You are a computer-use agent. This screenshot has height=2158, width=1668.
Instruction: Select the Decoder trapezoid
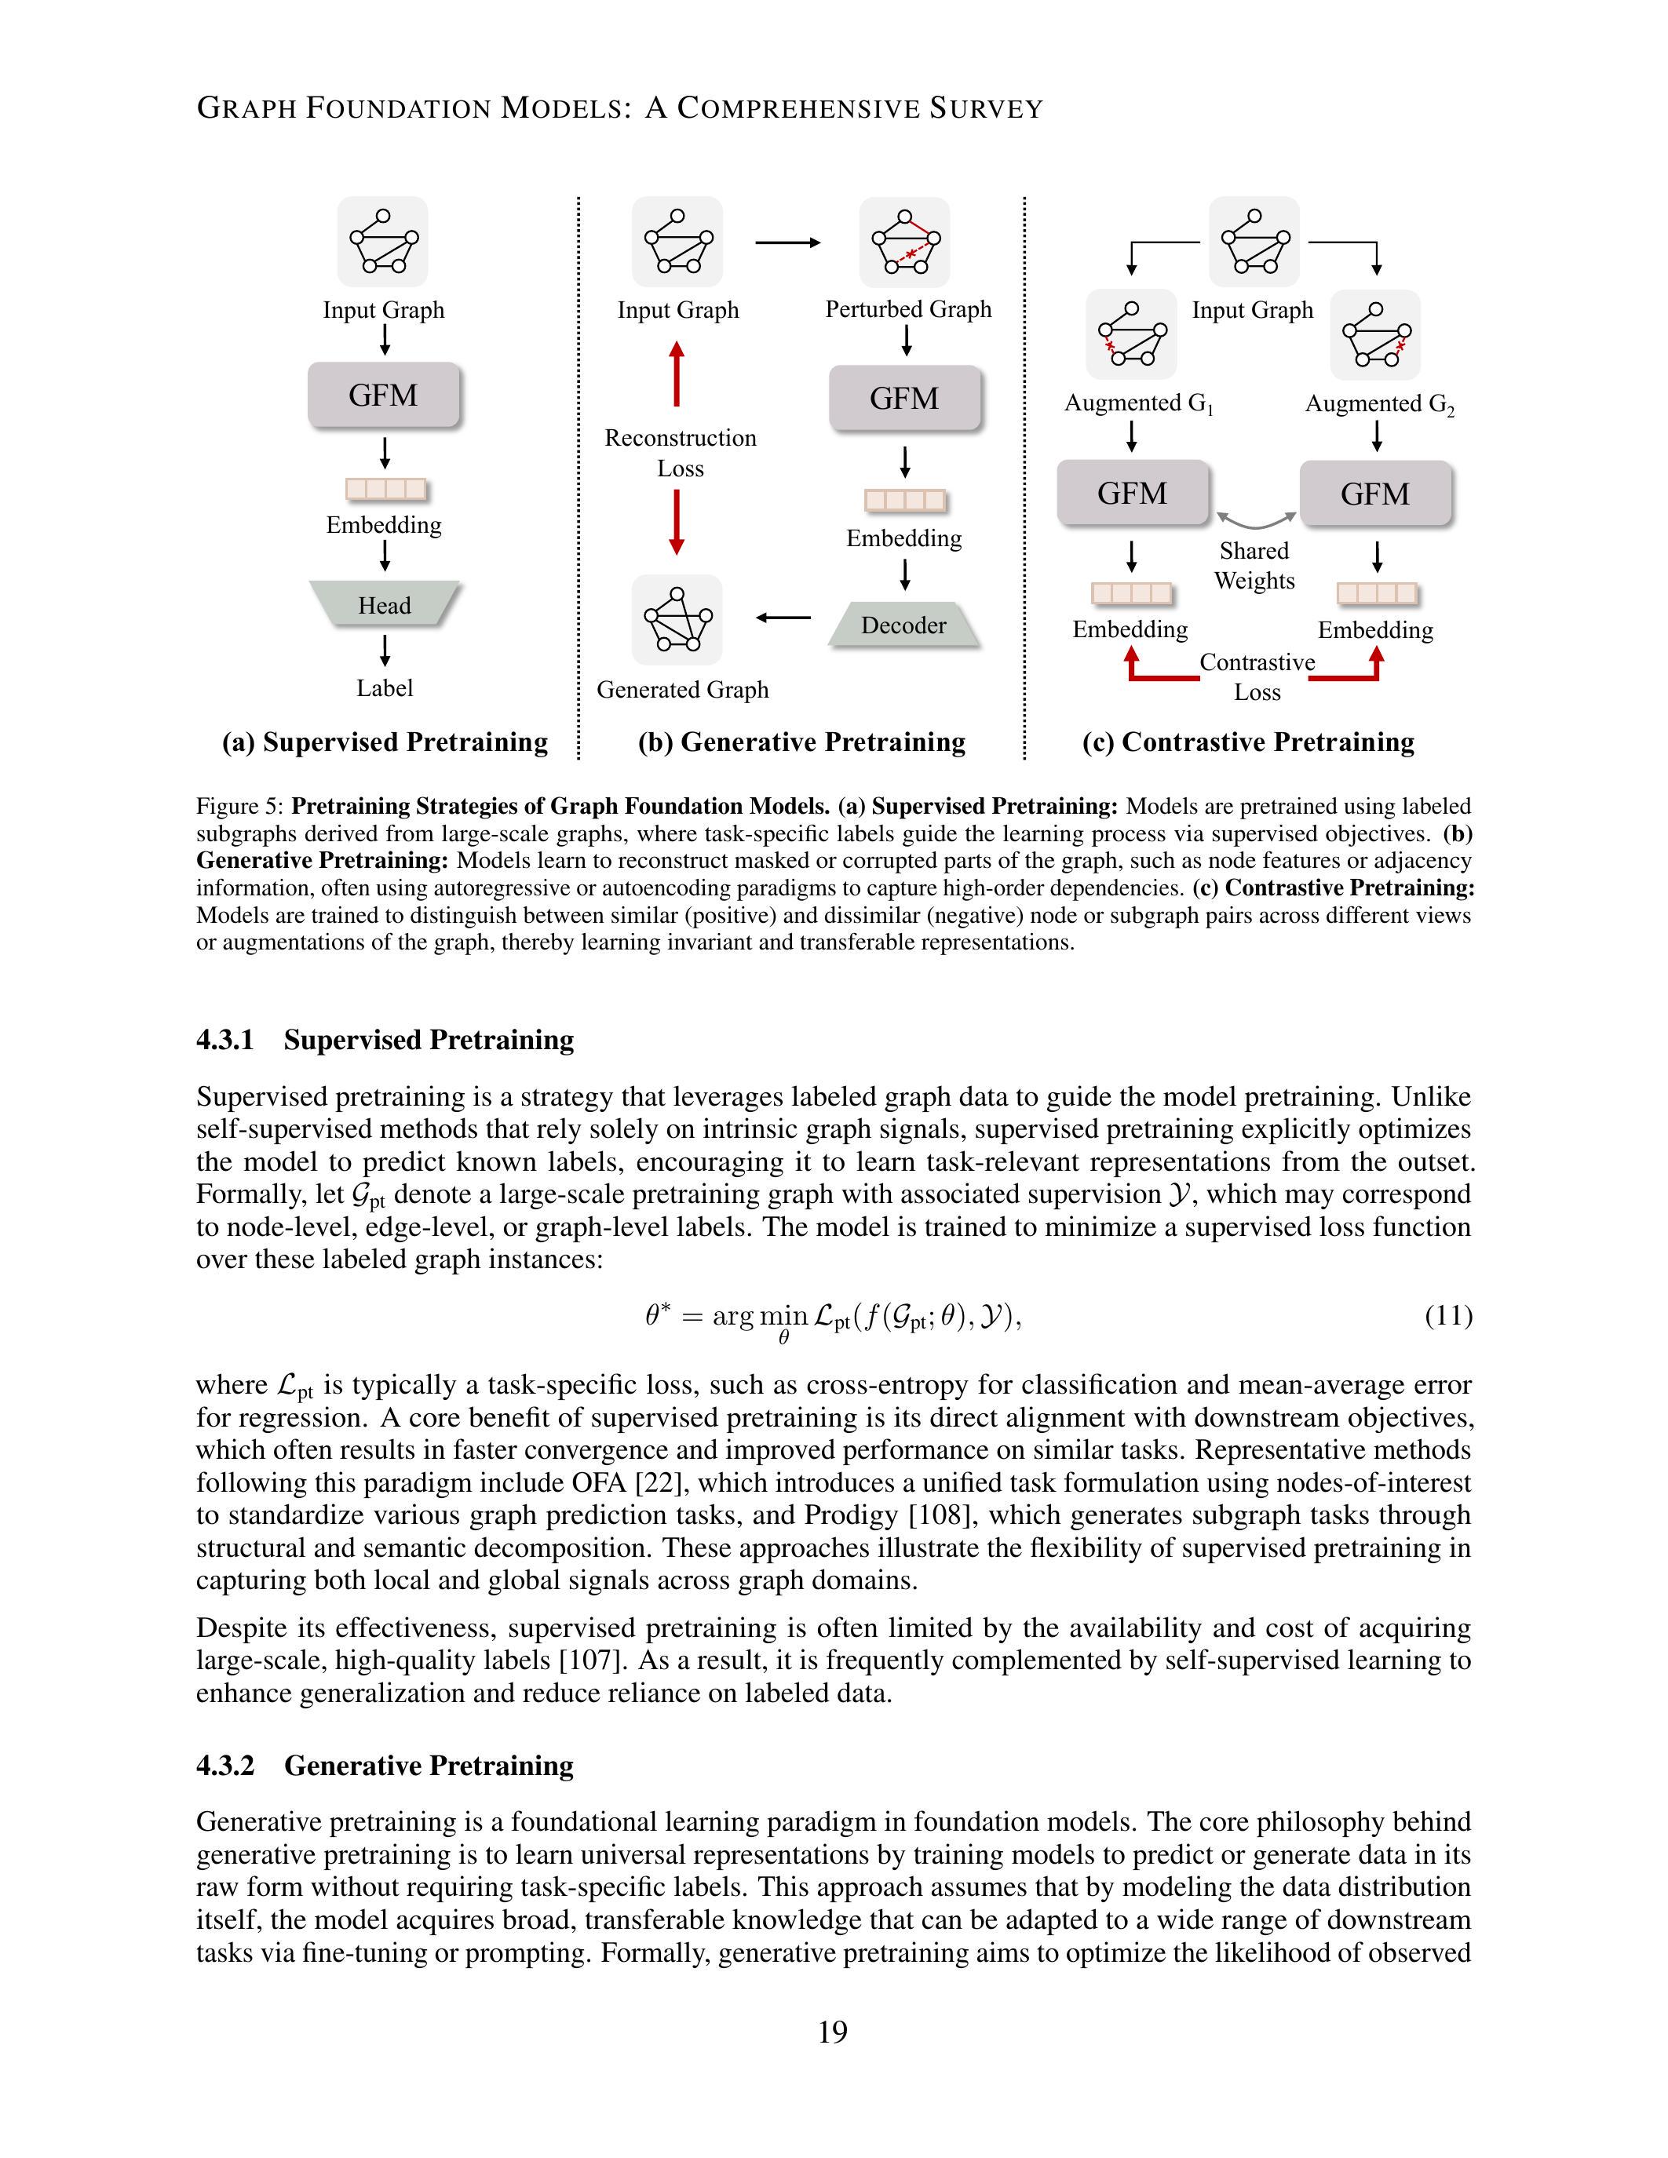point(903,625)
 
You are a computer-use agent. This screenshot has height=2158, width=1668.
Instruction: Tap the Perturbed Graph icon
point(904,242)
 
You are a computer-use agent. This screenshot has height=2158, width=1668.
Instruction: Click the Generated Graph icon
point(677,619)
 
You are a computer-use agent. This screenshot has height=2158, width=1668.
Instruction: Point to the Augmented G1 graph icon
point(1131,334)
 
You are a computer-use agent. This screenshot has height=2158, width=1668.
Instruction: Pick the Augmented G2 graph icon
point(1374,335)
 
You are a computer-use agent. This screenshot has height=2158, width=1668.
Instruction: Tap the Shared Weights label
point(1254,565)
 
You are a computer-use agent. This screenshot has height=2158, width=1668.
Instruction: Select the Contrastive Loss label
point(1257,677)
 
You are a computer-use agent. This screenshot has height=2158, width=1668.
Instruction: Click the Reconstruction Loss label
point(680,453)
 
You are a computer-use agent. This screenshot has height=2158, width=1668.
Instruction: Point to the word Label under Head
point(385,687)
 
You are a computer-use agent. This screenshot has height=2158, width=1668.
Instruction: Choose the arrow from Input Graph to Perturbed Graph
point(787,242)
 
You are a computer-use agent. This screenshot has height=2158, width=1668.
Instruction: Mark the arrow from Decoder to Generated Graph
point(783,618)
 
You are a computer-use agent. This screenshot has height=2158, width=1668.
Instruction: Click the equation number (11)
point(1447,1315)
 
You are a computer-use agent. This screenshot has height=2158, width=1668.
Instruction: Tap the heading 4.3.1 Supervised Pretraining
point(385,1040)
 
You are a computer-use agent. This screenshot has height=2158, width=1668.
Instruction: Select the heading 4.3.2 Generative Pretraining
point(385,1766)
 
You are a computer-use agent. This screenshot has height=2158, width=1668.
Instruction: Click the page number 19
point(833,2032)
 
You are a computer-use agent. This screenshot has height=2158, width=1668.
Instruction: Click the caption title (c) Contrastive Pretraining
point(1248,742)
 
